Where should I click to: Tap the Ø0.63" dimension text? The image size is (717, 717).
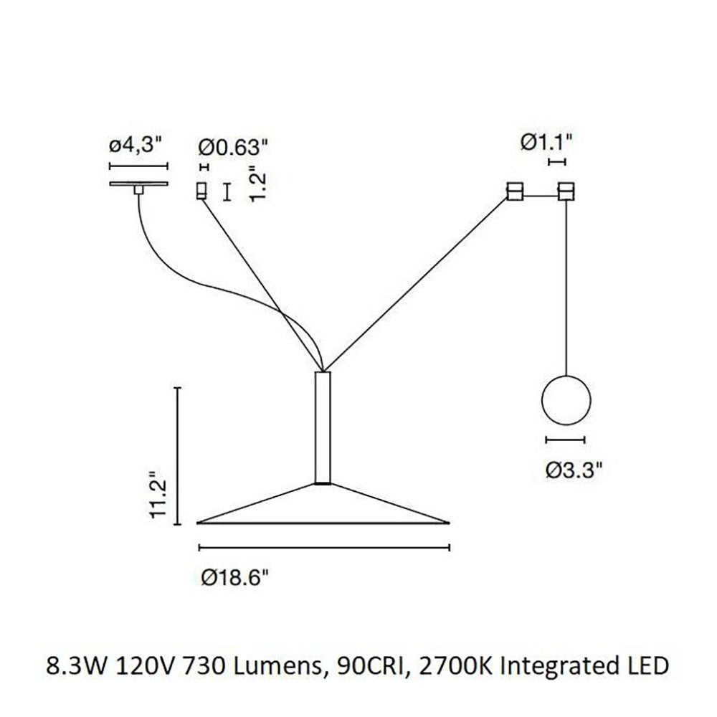[233, 148]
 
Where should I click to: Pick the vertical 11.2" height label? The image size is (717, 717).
[160, 495]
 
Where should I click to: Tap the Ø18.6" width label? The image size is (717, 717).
[237, 576]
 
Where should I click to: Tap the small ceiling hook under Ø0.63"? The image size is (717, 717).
[201, 191]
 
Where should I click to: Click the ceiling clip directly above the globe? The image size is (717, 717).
[567, 191]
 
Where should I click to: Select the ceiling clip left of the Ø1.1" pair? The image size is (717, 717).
[513, 191]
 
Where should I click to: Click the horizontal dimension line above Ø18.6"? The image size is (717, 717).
[323, 549]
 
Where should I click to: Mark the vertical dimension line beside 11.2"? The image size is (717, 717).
[178, 456]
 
